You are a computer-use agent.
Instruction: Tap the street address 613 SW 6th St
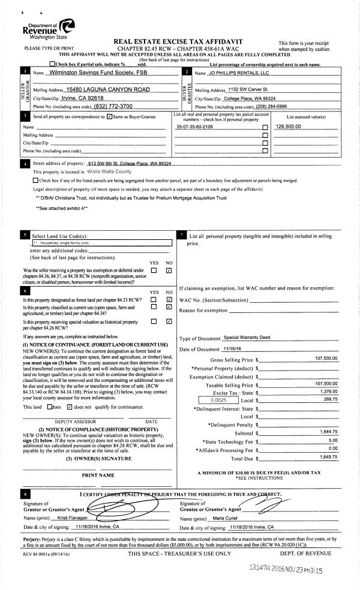pos(129,164)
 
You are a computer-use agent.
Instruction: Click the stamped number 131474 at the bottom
pos(261,571)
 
